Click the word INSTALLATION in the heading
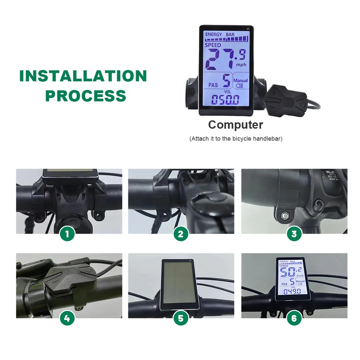click(x=83, y=76)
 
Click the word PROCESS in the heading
click(x=86, y=95)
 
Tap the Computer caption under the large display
click(x=235, y=125)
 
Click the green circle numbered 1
click(x=67, y=234)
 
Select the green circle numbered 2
click(x=181, y=234)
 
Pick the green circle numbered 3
click(x=294, y=234)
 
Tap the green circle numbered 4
click(x=67, y=318)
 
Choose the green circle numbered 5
click(x=181, y=318)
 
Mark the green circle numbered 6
click(x=294, y=318)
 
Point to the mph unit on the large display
click(x=241, y=65)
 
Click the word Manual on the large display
click(x=240, y=80)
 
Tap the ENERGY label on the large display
click(x=213, y=34)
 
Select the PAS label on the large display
click(x=213, y=85)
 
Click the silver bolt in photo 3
click(x=285, y=215)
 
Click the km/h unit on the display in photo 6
click(x=300, y=276)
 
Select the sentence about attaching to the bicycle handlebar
click(x=236, y=139)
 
